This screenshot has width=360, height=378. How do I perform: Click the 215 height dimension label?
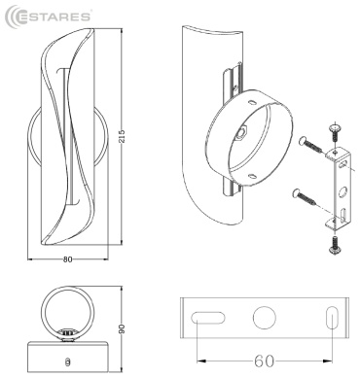point(122,138)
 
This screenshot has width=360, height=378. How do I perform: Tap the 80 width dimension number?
point(67,259)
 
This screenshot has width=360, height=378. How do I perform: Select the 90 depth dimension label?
point(122,329)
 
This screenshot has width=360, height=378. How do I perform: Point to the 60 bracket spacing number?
point(265,361)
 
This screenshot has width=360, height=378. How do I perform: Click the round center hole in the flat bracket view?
point(265,318)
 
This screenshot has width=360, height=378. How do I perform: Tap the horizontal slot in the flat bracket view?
point(208,318)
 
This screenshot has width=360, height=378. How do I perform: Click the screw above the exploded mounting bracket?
point(335,132)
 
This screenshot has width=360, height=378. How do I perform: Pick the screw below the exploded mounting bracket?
point(335,245)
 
